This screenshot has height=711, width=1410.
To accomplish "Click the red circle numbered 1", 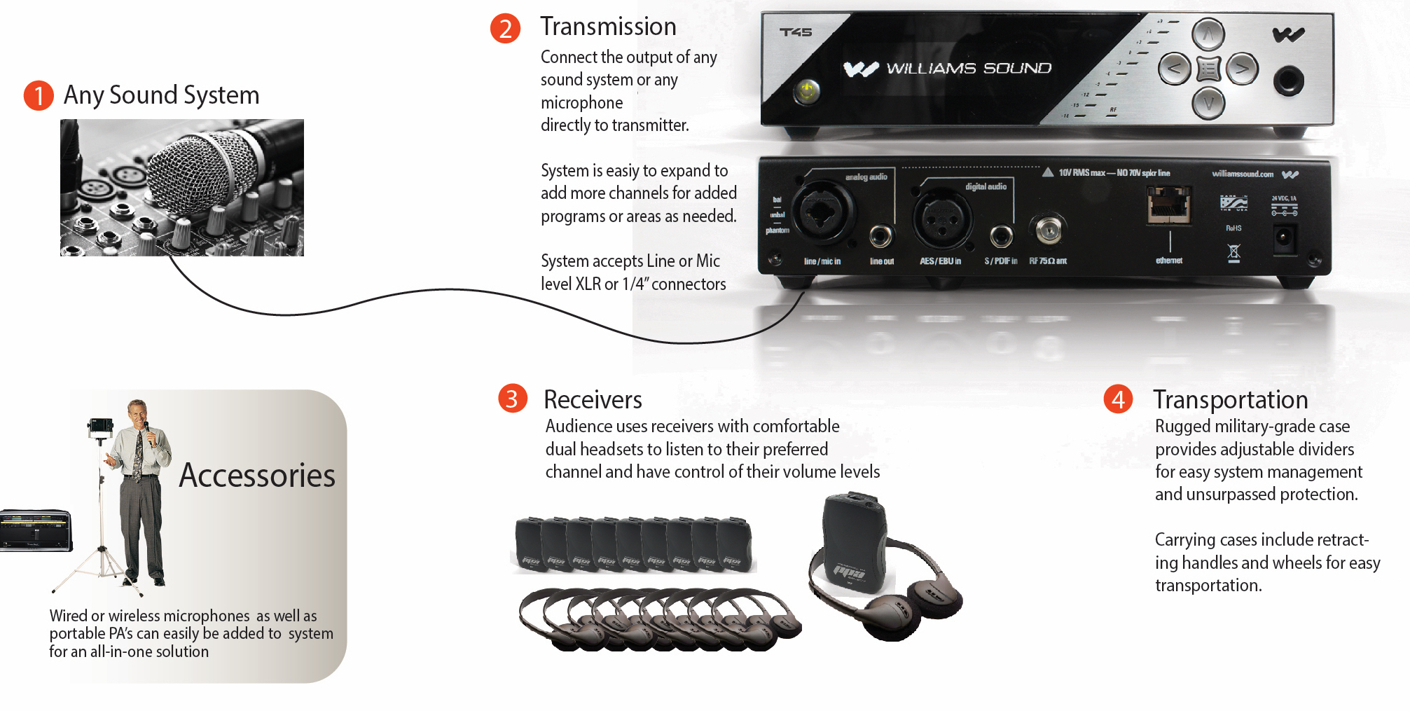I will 39,95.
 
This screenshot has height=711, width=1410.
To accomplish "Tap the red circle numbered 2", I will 505,29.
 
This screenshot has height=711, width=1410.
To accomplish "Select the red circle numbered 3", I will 512,399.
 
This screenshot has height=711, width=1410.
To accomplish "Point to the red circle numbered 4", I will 1118,399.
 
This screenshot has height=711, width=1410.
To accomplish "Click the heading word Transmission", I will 608,27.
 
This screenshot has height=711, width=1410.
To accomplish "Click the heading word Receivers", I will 593,399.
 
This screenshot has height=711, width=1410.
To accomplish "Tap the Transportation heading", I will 1230,399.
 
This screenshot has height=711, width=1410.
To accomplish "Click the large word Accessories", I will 257,476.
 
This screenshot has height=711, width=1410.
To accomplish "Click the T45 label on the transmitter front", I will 796,32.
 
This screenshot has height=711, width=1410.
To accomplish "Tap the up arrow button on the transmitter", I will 1208,34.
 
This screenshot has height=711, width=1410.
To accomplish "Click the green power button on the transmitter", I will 808,90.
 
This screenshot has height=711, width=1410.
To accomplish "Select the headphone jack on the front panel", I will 1288,81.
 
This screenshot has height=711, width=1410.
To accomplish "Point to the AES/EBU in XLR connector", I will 943,218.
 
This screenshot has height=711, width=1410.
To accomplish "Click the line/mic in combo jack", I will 824,212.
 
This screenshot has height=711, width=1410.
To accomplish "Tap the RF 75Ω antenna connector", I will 1049,230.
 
